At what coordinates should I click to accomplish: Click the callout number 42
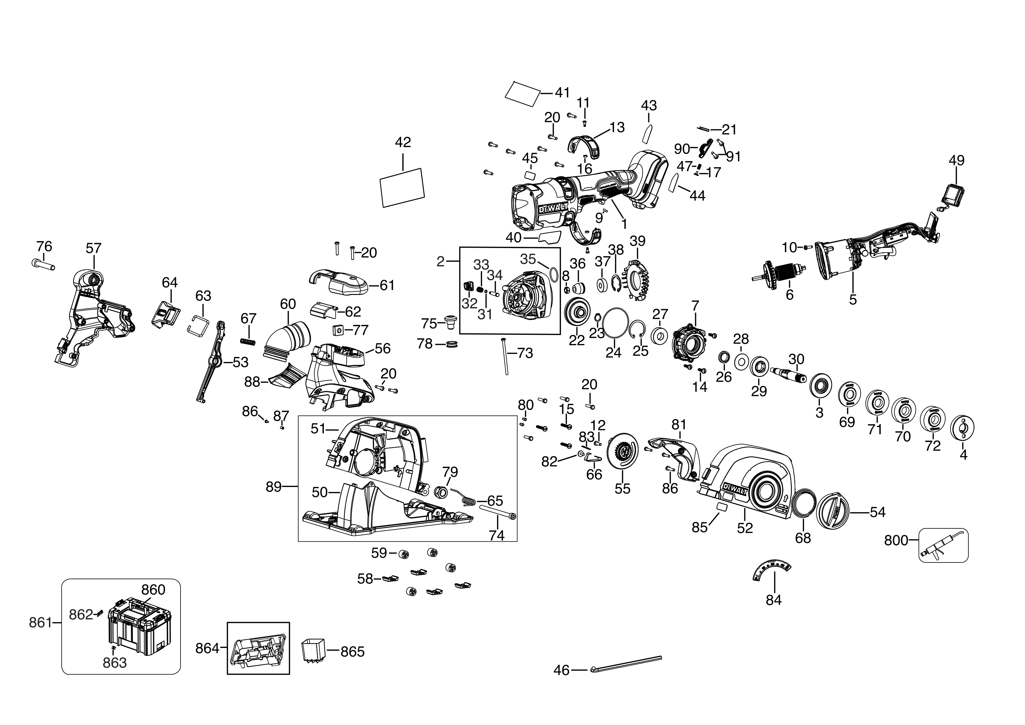(403, 142)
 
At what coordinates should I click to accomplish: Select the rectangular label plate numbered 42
(402, 187)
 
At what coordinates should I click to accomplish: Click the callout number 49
(956, 160)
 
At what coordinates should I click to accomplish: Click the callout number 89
(274, 487)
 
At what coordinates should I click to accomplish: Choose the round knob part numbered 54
(833, 512)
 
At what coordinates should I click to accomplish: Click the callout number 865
(353, 652)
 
